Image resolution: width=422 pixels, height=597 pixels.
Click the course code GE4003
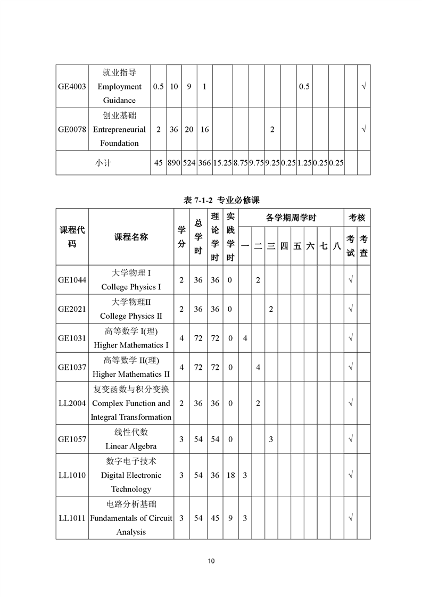(72, 87)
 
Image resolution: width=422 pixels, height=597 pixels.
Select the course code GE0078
(72, 129)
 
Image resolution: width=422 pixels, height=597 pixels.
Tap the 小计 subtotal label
(103, 163)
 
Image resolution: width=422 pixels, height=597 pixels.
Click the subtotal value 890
(174, 163)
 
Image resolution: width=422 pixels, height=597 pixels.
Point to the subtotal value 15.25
(222, 163)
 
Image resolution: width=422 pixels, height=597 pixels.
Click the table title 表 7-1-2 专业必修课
(213, 200)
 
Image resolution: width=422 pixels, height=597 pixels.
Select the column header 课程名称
(131, 237)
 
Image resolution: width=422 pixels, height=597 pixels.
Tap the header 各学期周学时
(291, 218)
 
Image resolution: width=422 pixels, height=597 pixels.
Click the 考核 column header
(357, 218)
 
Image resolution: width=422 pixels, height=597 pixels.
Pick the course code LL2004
(72, 403)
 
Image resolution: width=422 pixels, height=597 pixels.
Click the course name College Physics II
(131, 316)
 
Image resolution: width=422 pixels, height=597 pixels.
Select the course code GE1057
(72, 440)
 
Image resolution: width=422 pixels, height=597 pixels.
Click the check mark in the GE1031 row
(350, 338)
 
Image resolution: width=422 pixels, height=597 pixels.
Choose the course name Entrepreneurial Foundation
(119, 129)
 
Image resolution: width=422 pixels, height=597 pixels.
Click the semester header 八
(336, 246)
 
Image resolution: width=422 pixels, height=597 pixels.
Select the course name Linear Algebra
(131, 446)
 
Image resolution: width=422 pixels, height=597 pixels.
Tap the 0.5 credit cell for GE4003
(158, 87)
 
